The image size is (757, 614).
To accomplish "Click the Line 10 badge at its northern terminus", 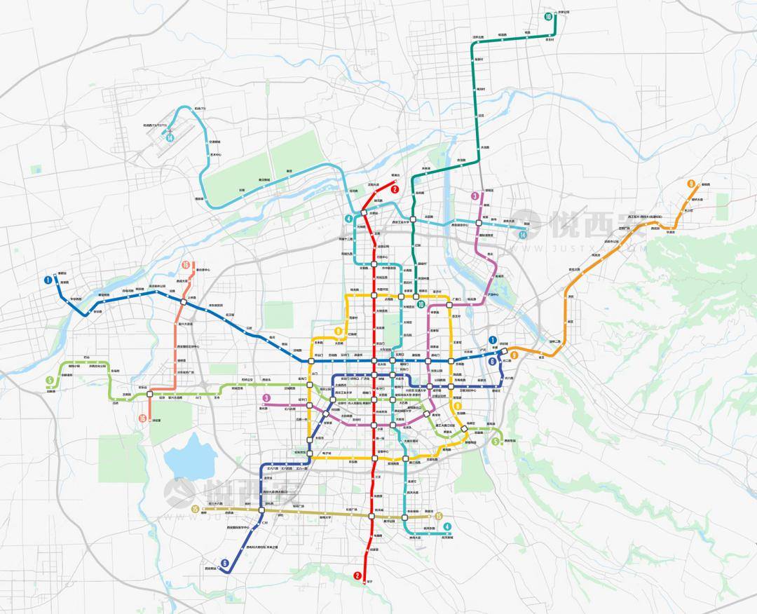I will coord(548,16).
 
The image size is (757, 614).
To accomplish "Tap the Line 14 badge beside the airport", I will coord(170,138).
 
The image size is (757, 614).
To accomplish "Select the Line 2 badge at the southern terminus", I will coord(357,576).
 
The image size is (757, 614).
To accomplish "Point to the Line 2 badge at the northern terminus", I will coord(395,189).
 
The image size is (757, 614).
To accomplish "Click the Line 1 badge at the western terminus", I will coord(48,280).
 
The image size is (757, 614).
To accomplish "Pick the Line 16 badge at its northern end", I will coord(186,265).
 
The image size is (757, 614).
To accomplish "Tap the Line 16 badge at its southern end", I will coord(142,418).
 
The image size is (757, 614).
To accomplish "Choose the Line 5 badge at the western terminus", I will coord(49,381).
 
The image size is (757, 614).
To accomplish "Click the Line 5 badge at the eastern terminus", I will coord(496,442).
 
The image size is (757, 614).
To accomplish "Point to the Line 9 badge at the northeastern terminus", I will coord(691,184).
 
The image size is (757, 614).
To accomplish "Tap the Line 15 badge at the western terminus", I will coord(195,508).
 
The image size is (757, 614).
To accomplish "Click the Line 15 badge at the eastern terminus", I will coord(439,517).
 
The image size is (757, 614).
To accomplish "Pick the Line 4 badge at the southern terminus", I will coord(446,528).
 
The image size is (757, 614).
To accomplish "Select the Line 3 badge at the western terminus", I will coord(266,399).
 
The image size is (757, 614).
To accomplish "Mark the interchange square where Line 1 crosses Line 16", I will coord(182,301).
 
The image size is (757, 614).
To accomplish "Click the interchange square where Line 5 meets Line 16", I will coord(150,395).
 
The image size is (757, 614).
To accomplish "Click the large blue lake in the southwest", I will coord(189,456).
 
